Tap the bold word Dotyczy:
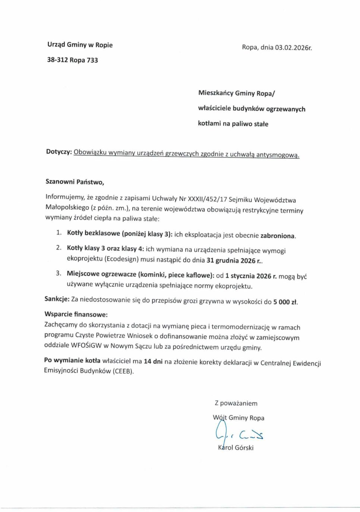tap(59, 152)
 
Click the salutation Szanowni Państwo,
tap(75, 182)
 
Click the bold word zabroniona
tap(278, 236)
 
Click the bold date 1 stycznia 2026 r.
tap(251, 276)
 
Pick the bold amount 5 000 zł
tap(285, 302)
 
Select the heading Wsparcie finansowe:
tap(76, 314)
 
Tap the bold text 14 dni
tap(153, 361)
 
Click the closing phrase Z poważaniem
tap(236, 403)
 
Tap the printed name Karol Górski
tap(236, 448)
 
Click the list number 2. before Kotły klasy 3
tap(59, 248)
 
